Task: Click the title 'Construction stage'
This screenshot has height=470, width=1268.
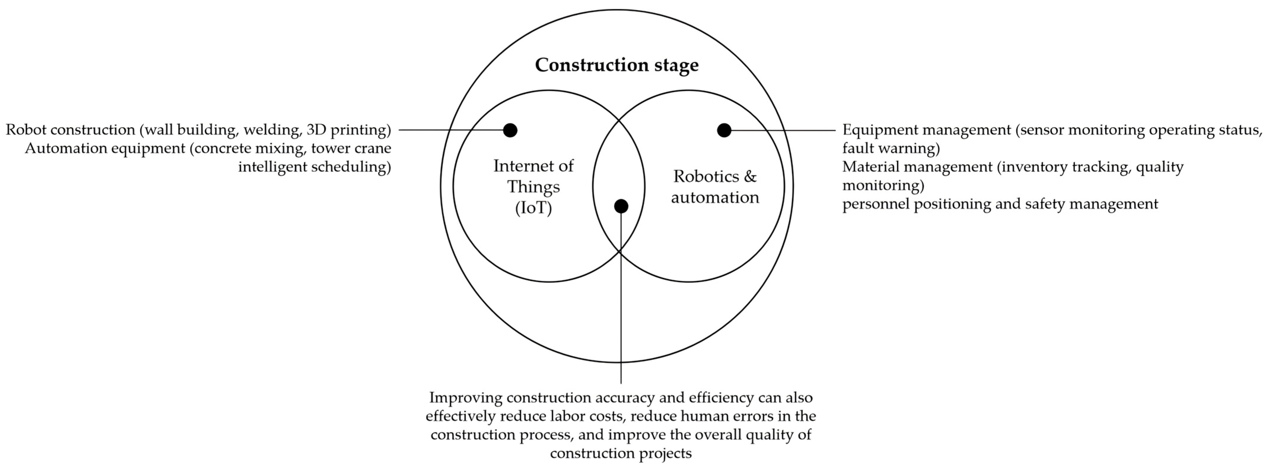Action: pos(616,65)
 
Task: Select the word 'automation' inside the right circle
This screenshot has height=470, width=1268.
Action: pos(715,197)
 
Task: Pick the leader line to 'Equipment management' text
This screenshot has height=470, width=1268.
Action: pos(788,130)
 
